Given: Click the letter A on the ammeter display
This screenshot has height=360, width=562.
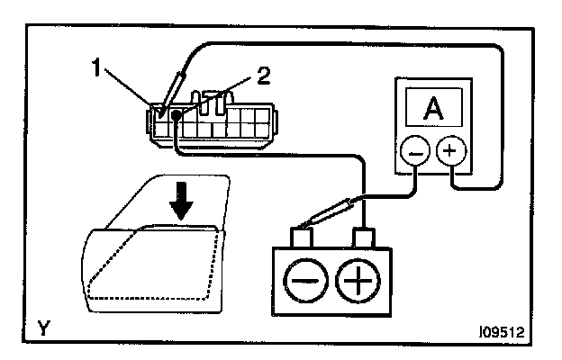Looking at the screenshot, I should pos(433,109).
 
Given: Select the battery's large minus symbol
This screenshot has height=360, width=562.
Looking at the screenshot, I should pos(307,283).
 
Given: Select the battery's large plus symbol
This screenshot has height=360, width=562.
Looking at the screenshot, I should pos(358,283).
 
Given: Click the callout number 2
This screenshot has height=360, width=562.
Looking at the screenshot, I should pos(262,77).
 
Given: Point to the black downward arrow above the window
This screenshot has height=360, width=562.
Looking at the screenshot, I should pos(183,202).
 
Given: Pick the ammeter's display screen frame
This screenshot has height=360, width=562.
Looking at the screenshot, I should pos(433,109).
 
